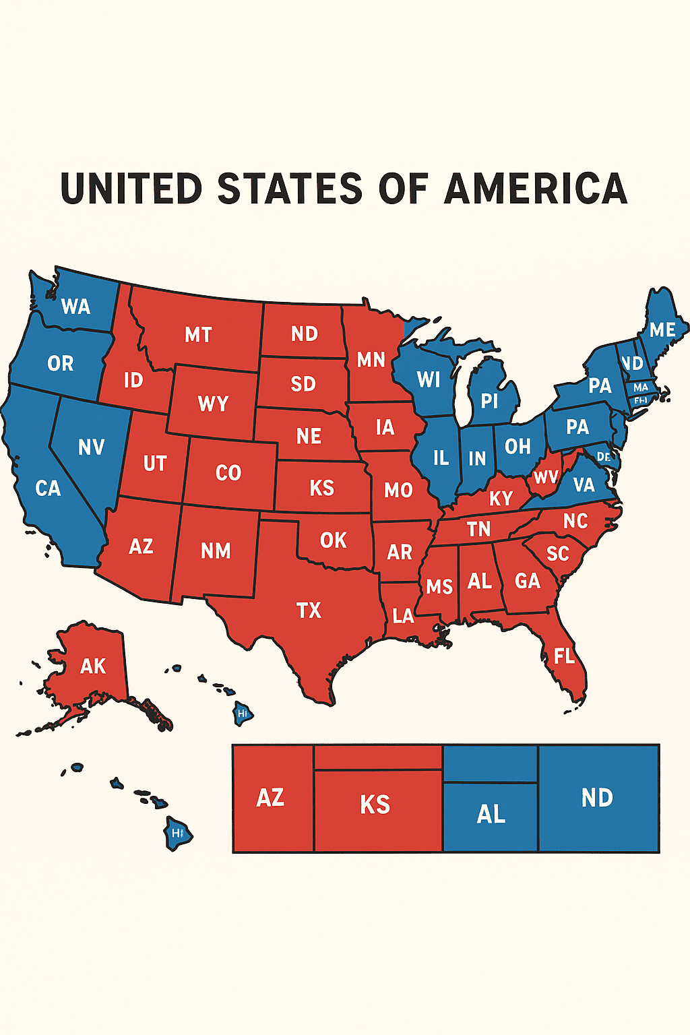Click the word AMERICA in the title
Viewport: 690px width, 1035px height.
coord(536,189)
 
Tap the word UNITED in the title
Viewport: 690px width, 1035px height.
coord(131,189)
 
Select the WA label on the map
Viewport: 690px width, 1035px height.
coord(75,307)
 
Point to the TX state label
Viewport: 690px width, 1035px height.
coord(309,610)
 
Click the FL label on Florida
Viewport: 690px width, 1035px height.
coord(564,656)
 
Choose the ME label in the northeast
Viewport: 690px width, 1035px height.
coord(662,330)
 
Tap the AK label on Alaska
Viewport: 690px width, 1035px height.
coord(93,666)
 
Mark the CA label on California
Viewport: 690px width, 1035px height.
coord(48,489)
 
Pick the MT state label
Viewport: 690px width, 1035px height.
coord(198,335)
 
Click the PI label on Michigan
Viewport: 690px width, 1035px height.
coord(489,402)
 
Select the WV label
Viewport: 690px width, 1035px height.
coord(546,478)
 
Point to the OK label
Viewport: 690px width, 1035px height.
coord(334,540)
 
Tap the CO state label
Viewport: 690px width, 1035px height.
coord(228,473)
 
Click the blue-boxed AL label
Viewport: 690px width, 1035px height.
coord(491,815)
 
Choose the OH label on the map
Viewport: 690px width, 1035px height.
coord(517,447)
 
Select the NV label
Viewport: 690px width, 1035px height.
coord(91,447)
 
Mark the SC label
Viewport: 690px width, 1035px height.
coord(558,554)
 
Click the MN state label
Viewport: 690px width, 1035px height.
coord(371,360)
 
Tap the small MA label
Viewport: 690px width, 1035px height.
coord(641,387)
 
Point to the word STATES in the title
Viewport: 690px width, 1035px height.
coord(290,189)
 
